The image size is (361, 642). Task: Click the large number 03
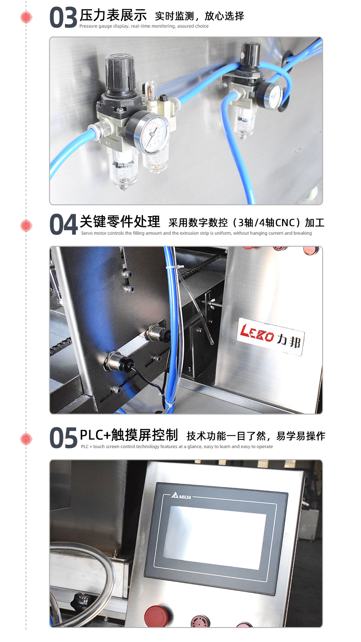tap(63, 18)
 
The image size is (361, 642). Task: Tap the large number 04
tap(63, 225)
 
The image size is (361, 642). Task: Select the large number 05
tap(63, 438)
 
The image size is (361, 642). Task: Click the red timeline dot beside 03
tap(26, 18)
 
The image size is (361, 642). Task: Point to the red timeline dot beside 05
tap(26, 438)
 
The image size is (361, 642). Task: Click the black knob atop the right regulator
tap(251, 54)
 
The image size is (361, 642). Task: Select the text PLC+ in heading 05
tap(95, 435)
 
